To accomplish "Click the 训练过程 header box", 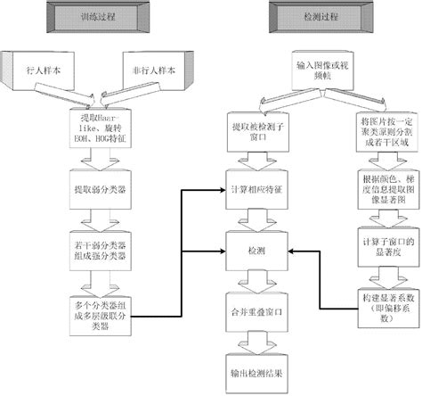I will click(x=95, y=15).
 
